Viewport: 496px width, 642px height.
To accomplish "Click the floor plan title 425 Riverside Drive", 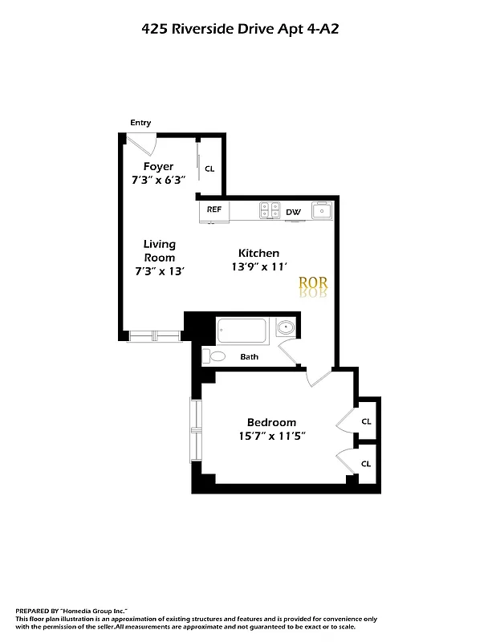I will pyautogui.click(x=246, y=28).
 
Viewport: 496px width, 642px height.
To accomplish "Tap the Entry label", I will pyautogui.click(x=140, y=123).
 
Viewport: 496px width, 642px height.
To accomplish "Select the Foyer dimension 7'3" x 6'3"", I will pyautogui.click(x=158, y=181).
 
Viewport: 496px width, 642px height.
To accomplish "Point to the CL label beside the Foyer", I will pyautogui.click(x=209, y=169).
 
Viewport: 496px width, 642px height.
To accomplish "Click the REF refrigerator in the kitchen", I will pyautogui.click(x=214, y=209).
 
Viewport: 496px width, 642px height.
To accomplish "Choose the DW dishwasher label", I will pyautogui.click(x=294, y=212).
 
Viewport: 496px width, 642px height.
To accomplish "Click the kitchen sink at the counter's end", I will pyautogui.click(x=321, y=211).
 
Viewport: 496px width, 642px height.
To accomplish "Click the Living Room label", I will pyautogui.click(x=159, y=250).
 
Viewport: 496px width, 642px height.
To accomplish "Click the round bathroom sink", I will pyautogui.click(x=286, y=328).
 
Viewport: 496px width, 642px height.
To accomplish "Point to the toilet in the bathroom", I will pyautogui.click(x=215, y=356).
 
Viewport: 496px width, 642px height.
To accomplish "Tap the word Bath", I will pyautogui.click(x=249, y=357).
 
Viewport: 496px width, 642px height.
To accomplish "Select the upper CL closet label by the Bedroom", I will pyautogui.click(x=366, y=421).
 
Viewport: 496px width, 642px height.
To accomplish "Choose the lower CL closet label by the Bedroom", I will pyautogui.click(x=366, y=463).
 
